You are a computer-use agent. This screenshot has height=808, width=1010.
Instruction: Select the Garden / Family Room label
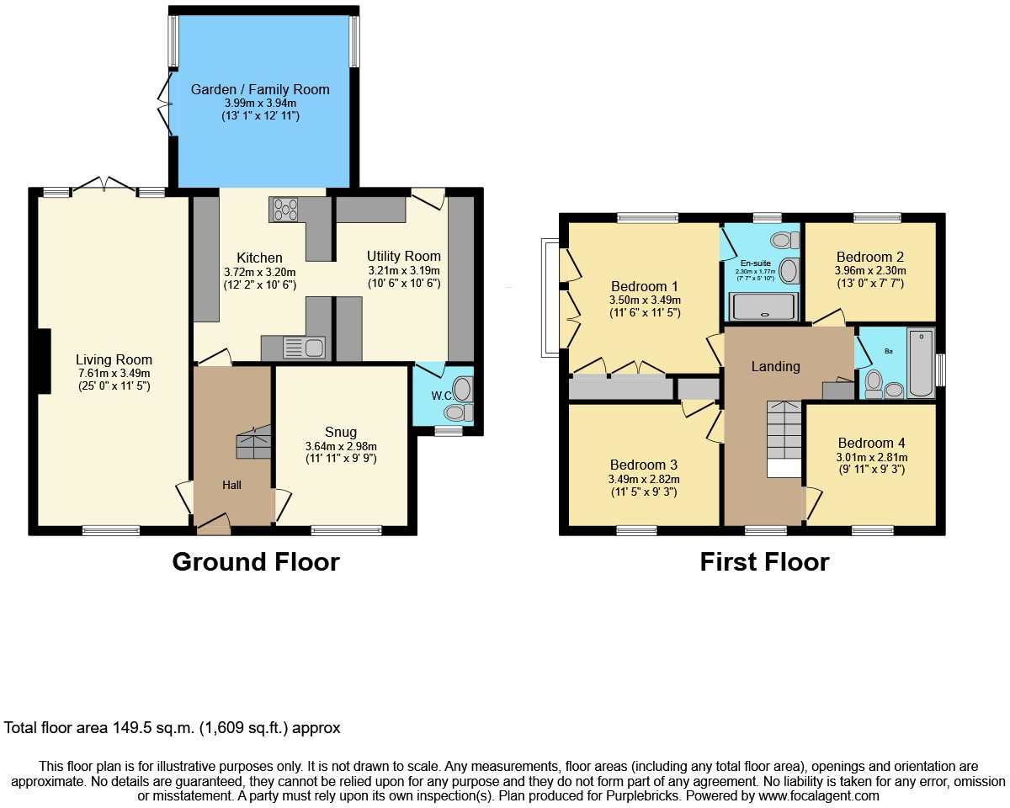[260, 89]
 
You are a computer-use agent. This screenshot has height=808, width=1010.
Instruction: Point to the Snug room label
[340, 433]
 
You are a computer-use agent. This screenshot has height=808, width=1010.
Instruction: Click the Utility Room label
[403, 256]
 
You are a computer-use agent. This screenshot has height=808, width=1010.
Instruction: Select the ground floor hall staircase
[254, 442]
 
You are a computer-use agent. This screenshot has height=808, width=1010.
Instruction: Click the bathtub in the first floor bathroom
[921, 362]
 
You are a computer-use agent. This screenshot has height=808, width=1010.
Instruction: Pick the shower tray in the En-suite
[763, 306]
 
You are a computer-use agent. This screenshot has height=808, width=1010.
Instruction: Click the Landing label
[775, 366]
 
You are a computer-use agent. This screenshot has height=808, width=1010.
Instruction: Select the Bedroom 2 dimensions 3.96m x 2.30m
[870, 271]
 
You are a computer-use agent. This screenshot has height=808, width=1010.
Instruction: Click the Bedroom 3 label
[644, 465]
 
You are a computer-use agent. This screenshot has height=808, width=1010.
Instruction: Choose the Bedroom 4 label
[871, 443]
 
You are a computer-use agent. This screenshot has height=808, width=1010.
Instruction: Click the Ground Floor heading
[256, 561]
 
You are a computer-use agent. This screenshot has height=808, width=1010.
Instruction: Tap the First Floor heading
[764, 561]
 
